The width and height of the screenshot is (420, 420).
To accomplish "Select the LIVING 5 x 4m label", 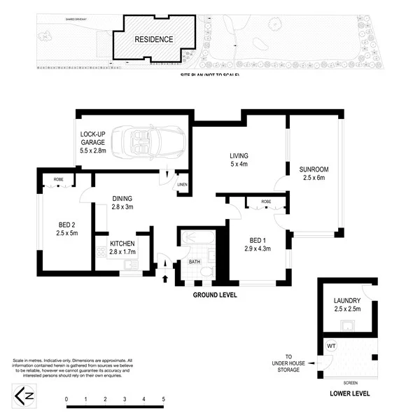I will [x=239, y=160].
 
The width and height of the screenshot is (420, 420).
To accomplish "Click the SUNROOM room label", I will [x=314, y=174].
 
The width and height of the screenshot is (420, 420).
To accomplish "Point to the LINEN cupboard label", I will [x=181, y=184].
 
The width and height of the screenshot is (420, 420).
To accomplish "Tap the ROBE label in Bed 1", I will [x=266, y=202].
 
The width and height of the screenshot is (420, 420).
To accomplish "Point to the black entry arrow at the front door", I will [x=166, y=279].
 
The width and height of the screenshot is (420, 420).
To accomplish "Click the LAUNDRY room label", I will [x=347, y=306].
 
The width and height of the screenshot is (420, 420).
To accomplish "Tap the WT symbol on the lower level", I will [x=331, y=345].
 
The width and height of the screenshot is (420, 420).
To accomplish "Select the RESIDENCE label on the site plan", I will [x=153, y=40].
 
